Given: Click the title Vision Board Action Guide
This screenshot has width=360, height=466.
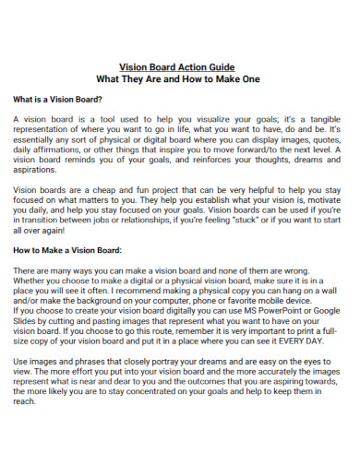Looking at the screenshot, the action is pyautogui.click(x=180, y=67).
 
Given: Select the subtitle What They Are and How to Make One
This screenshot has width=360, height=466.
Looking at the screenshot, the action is pyautogui.click(x=180, y=79).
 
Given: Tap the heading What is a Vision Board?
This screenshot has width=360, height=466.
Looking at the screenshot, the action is pyautogui.click(x=56, y=99).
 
